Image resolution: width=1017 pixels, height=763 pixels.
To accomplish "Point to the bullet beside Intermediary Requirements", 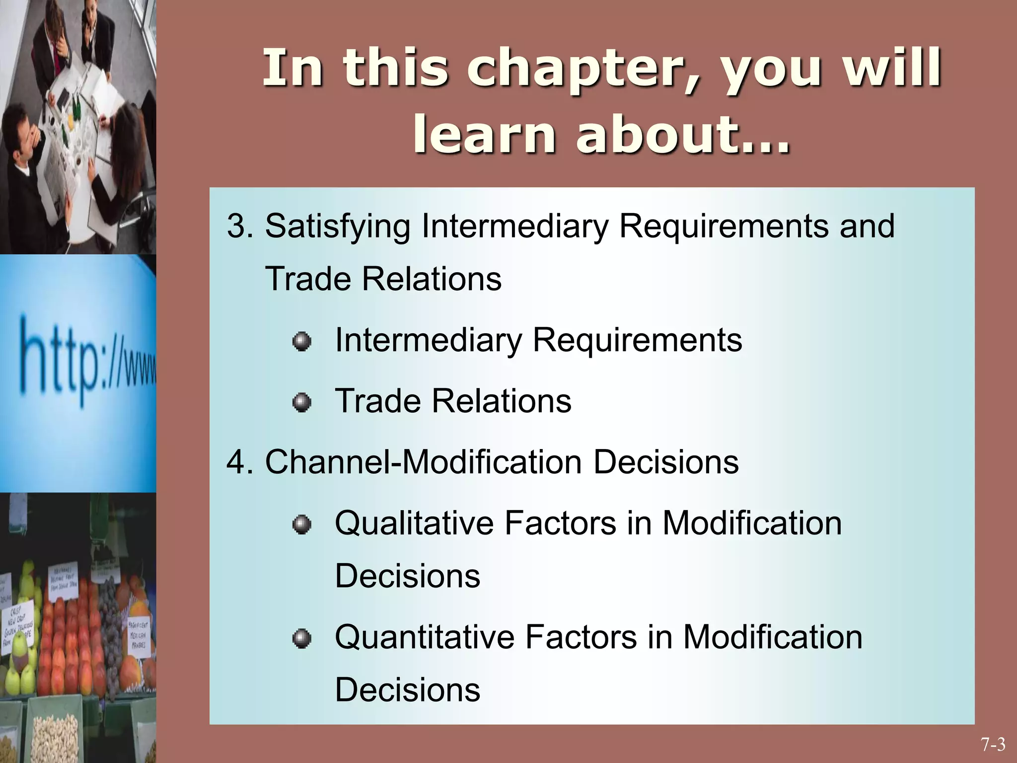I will point(301,342).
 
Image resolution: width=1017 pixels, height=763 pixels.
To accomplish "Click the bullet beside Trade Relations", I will point(301,402).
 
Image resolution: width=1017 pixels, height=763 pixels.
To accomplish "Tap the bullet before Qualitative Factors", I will point(301,525).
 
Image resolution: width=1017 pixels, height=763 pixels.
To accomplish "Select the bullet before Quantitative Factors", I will point(301,638).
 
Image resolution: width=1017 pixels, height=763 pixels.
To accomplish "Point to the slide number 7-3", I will point(993,745).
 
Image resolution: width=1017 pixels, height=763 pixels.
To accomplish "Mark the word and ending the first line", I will point(867,226).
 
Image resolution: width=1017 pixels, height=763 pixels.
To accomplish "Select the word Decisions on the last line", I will point(407,690).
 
